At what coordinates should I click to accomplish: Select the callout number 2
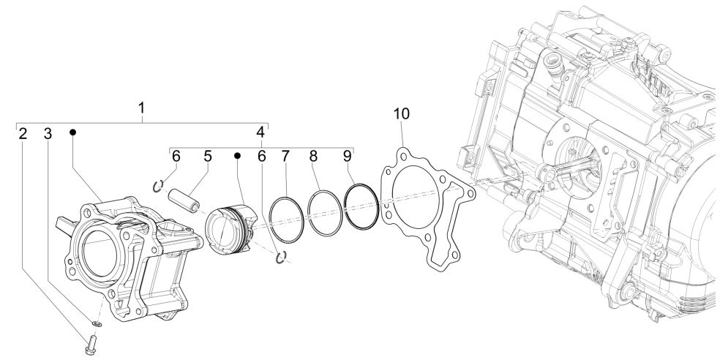pyautogui.click(x=23, y=134)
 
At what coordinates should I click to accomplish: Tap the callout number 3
pyautogui.click(x=48, y=134)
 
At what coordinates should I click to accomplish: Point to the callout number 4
pyautogui.click(x=260, y=132)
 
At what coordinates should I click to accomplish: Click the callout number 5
pyautogui.click(x=208, y=156)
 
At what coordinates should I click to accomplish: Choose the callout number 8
pyautogui.click(x=313, y=156)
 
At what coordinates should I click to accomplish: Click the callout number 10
pyautogui.click(x=402, y=114)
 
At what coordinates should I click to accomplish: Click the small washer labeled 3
pyautogui.click(x=97, y=322)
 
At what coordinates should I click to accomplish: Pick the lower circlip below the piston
pyautogui.click(x=280, y=255)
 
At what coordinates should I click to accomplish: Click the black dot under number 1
pyautogui.click(x=73, y=132)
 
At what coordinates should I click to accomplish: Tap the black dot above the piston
pyautogui.click(x=238, y=156)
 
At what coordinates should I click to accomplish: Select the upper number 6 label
pyautogui.click(x=176, y=156)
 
